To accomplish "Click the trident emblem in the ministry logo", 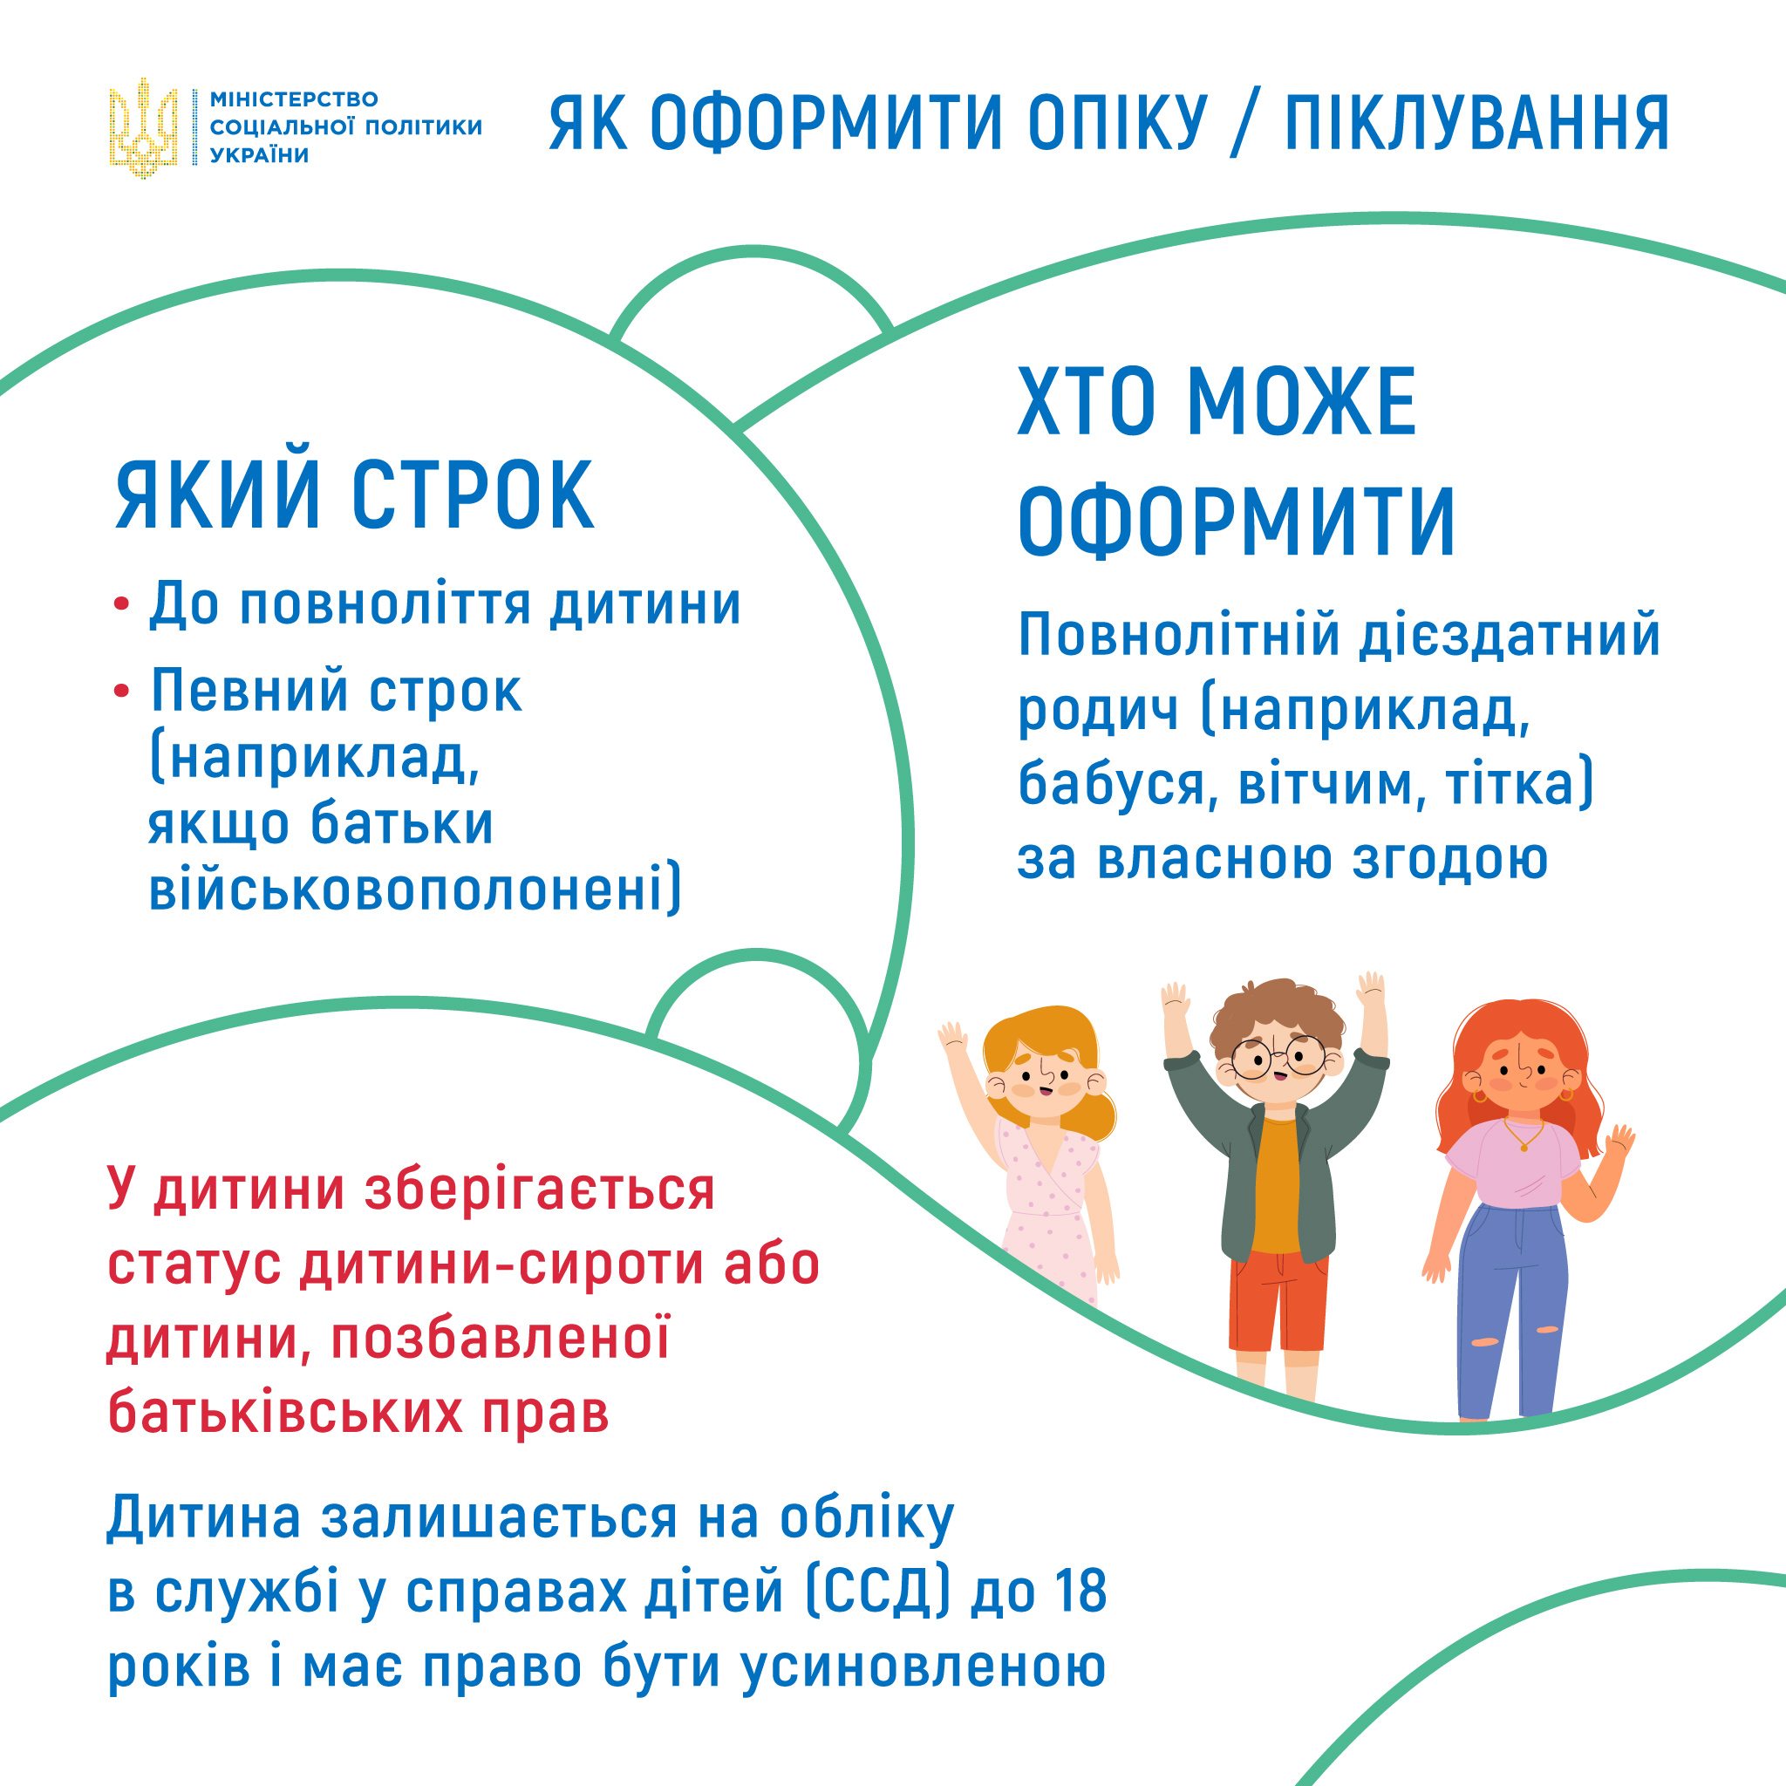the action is click(x=143, y=127).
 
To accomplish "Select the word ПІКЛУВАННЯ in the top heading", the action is click(x=1477, y=123).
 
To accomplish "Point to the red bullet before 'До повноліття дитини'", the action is click(x=121, y=605).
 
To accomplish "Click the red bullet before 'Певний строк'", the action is click(x=121, y=692).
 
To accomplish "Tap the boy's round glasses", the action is click(x=1279, y=1057).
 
